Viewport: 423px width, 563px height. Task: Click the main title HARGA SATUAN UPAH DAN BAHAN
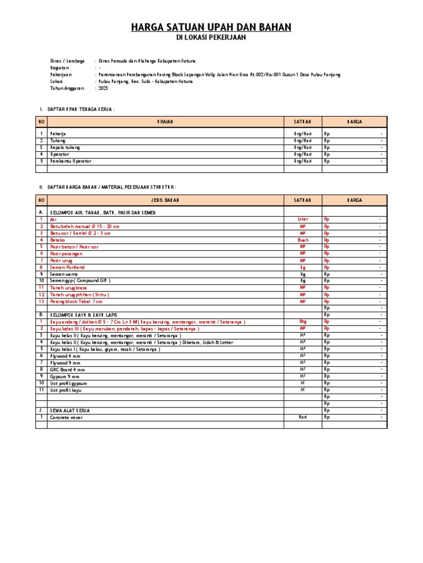click(x=211, y=27)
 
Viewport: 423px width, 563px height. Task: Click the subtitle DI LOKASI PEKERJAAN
click(x=211, y=38)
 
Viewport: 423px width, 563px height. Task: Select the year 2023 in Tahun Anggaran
click(x=104, y=87)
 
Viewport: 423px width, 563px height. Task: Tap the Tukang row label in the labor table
click(x=58, y=141)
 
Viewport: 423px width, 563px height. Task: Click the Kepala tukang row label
click(x=65, y=147)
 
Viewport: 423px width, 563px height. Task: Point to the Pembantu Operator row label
click(x=71, y=161)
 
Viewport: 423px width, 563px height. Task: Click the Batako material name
click(x=58, y=240)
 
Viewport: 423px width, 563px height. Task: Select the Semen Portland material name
click(x=67, y=267)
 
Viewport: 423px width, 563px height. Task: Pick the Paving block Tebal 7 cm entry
click(x=76, y=301)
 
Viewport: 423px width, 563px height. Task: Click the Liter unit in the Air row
click(x=303, y=219)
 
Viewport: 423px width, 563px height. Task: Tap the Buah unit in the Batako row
click(x=303, y=240)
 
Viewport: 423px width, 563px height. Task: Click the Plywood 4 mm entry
click(x=65, y=356)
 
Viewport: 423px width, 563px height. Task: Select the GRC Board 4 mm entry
click(x=68, y=369)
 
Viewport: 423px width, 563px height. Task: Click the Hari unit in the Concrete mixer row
click(x=303, y=417)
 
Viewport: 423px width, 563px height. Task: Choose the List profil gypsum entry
click(x=68, y=383)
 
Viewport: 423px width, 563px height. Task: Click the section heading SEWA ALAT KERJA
click(x=70, y=410)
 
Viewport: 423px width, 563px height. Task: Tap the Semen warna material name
click(x=64, y=274)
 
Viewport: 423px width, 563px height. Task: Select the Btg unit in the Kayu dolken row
click(x=303, y=322)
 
